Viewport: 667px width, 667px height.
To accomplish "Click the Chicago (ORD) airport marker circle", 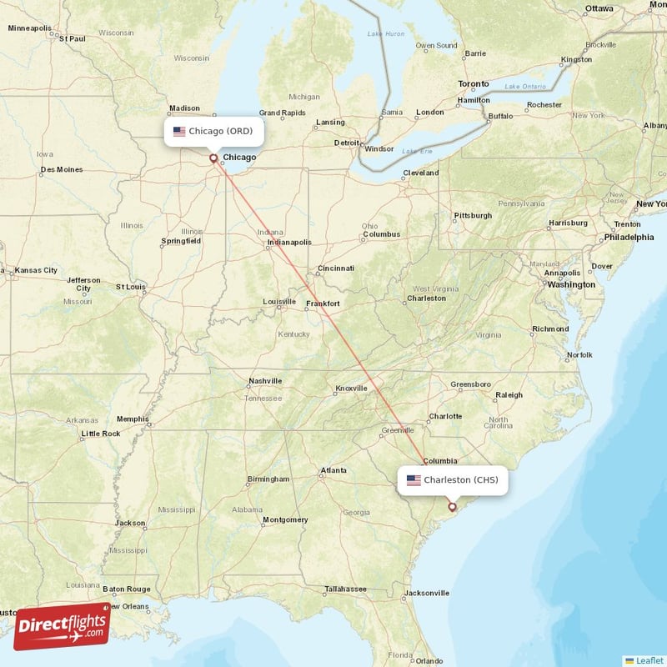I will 213,158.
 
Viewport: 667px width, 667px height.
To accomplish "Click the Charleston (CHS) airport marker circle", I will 453,506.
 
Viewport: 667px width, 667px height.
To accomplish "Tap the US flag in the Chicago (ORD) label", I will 179,131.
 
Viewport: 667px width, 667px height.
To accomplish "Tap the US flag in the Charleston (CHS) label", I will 414,479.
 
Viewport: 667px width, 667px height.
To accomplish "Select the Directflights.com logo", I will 62,625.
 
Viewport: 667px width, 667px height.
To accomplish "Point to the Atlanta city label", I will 334,470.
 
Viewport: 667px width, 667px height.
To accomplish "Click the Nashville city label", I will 265,381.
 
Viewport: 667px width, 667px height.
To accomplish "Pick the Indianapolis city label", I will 288,243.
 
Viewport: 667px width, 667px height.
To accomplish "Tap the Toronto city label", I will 474,84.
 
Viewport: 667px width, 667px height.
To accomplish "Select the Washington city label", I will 571,284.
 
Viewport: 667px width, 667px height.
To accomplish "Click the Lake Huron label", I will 386,33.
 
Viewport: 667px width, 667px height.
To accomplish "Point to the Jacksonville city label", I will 426,593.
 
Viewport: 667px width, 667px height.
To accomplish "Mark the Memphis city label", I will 133,419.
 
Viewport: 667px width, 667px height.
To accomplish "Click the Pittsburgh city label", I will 473,216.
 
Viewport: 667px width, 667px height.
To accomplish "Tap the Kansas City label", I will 36,270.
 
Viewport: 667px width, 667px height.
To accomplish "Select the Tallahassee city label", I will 345,589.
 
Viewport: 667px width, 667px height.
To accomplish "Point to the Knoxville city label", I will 351,388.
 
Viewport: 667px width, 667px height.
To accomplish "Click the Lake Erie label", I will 418,151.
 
